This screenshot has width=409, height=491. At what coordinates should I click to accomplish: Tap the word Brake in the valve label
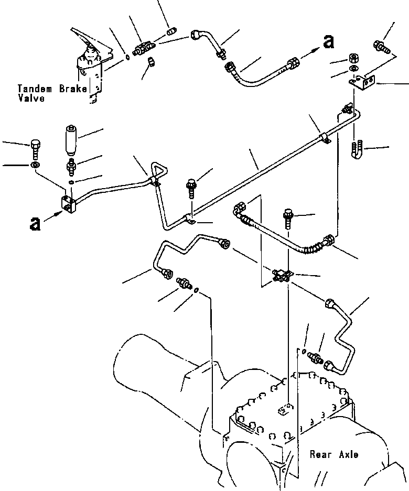(x=73, y=89)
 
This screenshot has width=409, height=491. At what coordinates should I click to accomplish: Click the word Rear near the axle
(x=321, y=454)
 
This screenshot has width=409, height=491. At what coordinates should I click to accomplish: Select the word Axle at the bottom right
(x=348, y=454)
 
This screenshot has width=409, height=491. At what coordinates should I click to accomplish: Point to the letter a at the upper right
(x=328, y=41)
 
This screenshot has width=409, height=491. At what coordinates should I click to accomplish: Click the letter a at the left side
(x=35, y=224)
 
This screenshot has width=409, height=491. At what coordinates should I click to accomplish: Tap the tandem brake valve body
(x=90, y=69)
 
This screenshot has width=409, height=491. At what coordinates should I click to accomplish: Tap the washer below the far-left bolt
(x=35, y=165)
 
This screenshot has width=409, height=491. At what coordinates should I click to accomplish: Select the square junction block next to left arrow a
(x=68, y=205)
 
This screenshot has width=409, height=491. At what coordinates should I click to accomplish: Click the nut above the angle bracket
(x=354, y=59)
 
